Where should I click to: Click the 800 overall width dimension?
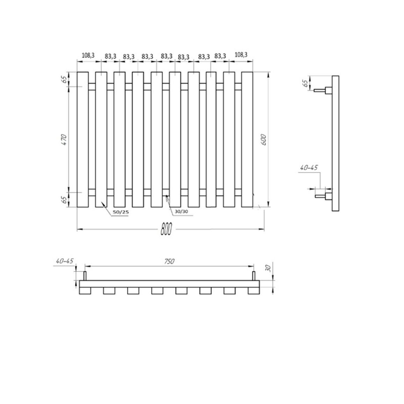pyautogui.click(x=166, y=229)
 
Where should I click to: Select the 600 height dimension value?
pyautogui.click(x=264, y=139)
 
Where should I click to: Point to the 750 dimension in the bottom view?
pyautogui.click(x=169, y=261)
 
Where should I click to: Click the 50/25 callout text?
pyautogui.click(x=121, y=212)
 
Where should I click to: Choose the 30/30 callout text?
pyautogui.click(x=181, y=211)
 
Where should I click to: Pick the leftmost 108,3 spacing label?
pyautogui.click(x=88, y=56)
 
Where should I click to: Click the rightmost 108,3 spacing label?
pyautogui.click(x=241, y=55)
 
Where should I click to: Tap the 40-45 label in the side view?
pyautogui.click(x=309, y=168)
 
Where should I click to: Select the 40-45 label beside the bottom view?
pyautogui.click(x=64, y=261)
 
